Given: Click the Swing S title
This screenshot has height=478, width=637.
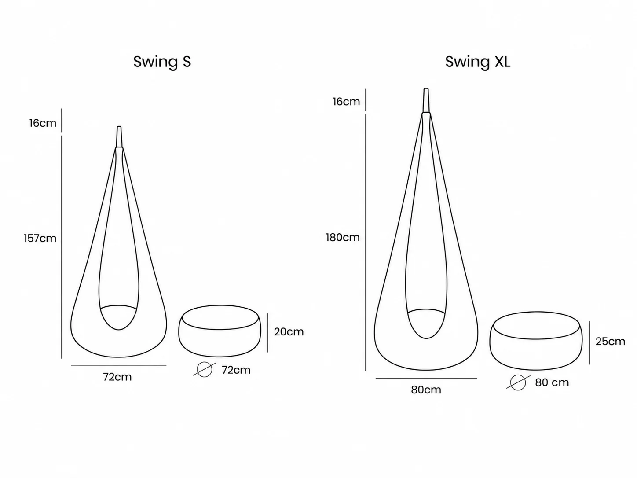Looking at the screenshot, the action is pos(162,62).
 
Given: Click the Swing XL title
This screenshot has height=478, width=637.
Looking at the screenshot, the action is pos(478,62).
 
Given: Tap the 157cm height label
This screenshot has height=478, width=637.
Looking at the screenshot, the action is pos(40,238).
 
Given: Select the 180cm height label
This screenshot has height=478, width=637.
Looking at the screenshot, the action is pos(343,237).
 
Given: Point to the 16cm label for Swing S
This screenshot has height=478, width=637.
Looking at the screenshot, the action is pos(43,123).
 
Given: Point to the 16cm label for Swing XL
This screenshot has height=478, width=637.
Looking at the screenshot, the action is pos(346,102).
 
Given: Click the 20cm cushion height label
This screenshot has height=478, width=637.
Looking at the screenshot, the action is pos(289,332).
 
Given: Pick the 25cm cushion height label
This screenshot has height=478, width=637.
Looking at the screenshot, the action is pos(610,341).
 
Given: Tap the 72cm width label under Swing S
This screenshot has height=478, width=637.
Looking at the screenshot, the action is pos(117,377).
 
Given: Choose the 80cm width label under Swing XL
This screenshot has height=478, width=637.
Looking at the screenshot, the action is pos(426,390).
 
